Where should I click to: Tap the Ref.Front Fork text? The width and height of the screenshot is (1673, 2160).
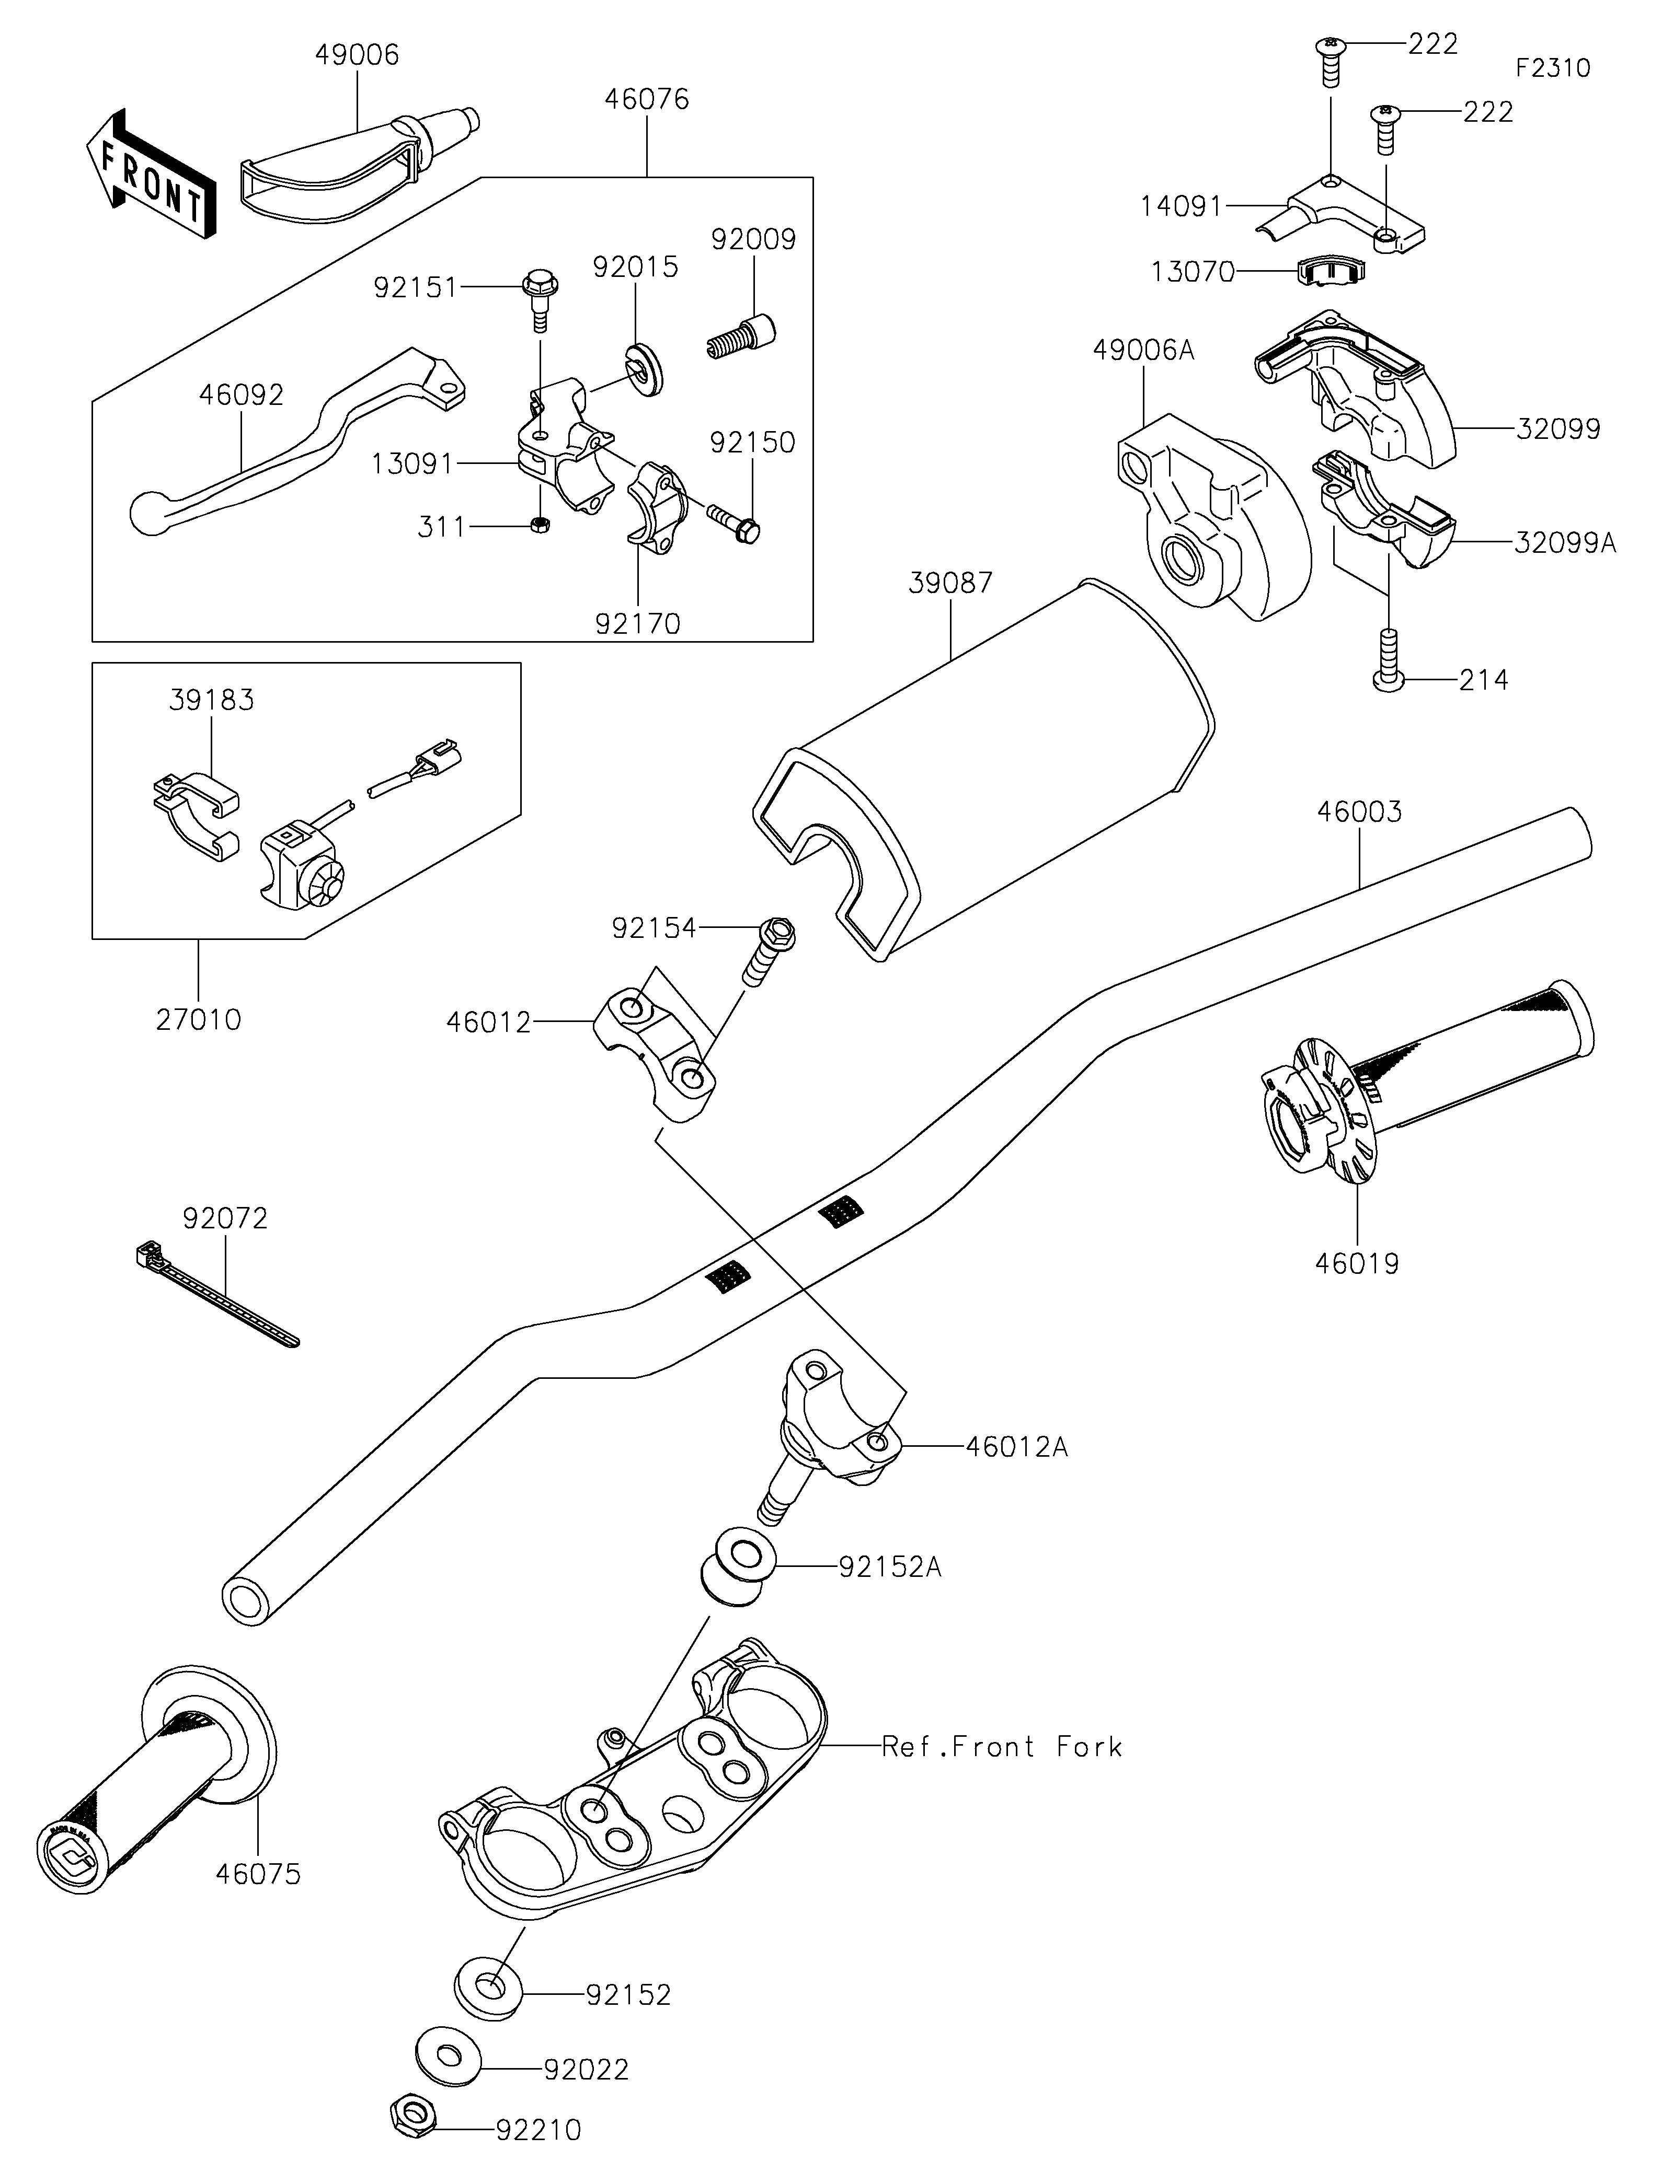click(1001, 1748)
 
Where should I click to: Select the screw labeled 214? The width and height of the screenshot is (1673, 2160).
click(1388, 660)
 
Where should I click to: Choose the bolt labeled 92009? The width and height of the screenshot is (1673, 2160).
click(742, 336)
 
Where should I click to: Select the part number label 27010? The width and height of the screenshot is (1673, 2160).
click(198, 1020)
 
